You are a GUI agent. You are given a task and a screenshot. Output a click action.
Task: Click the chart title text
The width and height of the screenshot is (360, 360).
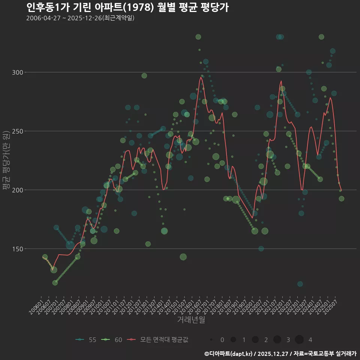point(127,7)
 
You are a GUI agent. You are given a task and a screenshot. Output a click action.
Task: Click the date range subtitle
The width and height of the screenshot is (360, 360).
point(80,18)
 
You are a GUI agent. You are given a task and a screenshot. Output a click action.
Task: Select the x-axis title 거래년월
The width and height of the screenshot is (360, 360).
point(191,320)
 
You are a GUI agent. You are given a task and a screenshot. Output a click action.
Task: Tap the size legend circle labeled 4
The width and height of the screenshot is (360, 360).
point(299,340)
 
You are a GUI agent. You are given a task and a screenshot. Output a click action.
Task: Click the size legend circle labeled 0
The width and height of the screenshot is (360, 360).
point(211,340)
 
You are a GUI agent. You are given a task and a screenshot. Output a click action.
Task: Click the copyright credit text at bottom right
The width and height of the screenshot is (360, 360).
point(280,353)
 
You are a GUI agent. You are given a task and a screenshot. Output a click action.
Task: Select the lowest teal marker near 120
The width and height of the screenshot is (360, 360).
point(300,284)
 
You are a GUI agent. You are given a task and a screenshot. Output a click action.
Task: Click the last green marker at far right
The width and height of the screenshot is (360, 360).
point(342,199)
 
